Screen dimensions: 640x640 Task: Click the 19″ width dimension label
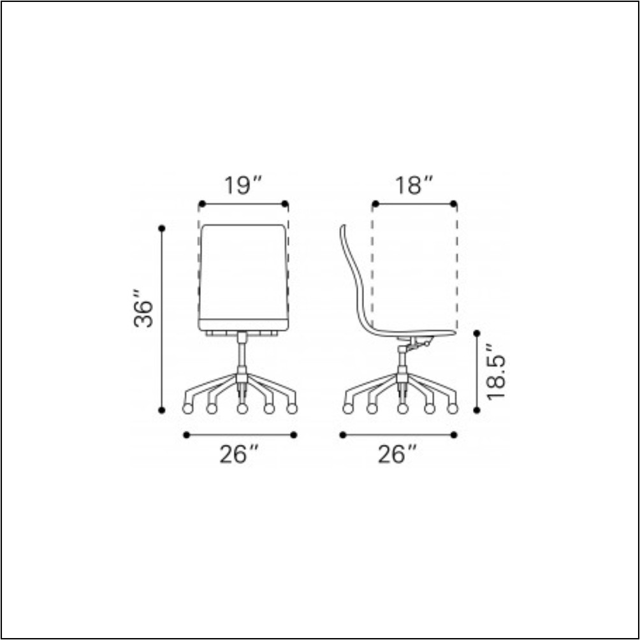(243, 185)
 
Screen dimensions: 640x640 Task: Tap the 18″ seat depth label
(414, 185)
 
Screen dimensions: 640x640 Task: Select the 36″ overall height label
(144, 310)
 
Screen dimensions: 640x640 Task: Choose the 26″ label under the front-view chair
(239, 455)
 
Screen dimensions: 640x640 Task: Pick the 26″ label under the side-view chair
(397, 455)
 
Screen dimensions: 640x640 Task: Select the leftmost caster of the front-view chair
(187, 409)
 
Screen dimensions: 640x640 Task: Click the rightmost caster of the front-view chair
(292, 409)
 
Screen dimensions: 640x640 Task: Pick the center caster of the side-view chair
(402, 409)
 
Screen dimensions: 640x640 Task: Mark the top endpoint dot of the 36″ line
(162, 228)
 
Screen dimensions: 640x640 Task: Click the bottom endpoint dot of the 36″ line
(162, 410)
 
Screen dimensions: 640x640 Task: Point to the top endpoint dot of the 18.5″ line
(477, 333)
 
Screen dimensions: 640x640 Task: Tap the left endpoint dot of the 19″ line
(201, 204)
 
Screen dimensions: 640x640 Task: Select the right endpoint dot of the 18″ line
(454, 204)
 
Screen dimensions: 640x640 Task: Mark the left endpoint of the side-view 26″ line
(343, 435)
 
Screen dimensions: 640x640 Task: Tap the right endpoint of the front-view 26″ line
(294, 435)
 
